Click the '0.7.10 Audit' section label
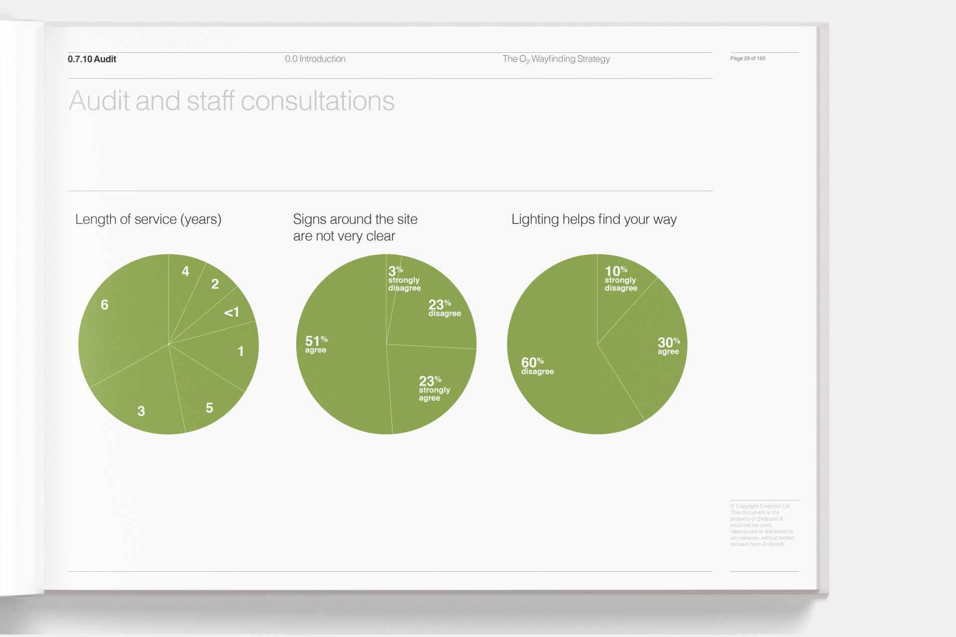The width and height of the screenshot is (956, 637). pyautogui.click(x=92, y=59)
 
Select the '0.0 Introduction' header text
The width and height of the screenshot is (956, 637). pyautogui.click(x=315, y=59)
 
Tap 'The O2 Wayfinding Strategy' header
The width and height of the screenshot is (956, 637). pyautogui.click(x=556, y=59)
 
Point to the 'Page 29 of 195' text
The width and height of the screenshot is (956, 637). pyautogui.click(x=747, y=59)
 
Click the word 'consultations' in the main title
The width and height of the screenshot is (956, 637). pyautogui.click(x=318, y=101)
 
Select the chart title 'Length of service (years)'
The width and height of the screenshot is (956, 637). pyautogui.click(x=148, y=219)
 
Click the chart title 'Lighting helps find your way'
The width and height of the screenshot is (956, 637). pyautogui.click(x=594, y=219)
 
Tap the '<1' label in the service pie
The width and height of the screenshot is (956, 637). pyautogui.click(x=232, y=313)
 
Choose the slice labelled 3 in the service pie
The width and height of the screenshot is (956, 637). pyautogui.click(x=141, y=411)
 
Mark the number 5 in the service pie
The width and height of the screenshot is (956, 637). pyautogui.click(x=210, y=408)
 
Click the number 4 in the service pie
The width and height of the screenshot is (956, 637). pyautogui.click(x=185, y=271)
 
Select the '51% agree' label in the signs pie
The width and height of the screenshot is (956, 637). pyautogui.click(x=316, y=344)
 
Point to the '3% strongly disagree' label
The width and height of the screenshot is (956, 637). pyautogui.click(x=404, y=279)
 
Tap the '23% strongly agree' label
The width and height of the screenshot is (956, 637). pyautogui.click(x=434, y=389)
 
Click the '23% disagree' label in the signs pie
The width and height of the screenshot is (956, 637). pyautogui.click(x=444, y=308)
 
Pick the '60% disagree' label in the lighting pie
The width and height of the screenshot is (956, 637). pyautogui.click(x=537, y=366)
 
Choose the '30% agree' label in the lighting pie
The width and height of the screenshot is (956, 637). pyautogui.click(x=668, y=346)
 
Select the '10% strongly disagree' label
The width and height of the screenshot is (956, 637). pyautogui.click(x=620, y=279)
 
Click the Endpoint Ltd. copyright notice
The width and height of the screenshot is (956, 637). pyautogui.click(x=762, y=525)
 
